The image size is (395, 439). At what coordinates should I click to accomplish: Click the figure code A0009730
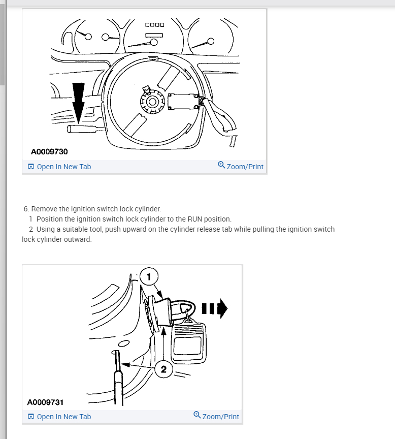click(x=50, y=151)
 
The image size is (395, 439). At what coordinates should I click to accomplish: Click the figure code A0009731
click(x=45, y=402)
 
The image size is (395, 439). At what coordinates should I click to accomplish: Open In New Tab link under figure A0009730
click(x=63, y=167)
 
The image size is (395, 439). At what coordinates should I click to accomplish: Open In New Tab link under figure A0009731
click(x=63, y=417)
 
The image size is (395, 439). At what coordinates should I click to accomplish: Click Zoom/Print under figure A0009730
click(x=245, y=167)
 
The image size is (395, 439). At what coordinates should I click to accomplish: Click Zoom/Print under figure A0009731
click(x=221, y=417)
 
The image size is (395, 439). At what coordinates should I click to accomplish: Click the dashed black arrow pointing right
click(x=215, y=307)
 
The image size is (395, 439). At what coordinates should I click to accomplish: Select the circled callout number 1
click(x=149, y=277)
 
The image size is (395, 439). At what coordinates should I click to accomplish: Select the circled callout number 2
click(x=163, y=369)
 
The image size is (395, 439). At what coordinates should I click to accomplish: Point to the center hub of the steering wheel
click(x=152, y=100)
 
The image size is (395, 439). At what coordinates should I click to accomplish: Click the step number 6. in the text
click(x=26, y=209)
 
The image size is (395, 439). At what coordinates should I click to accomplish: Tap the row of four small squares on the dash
click(x=154, y=24)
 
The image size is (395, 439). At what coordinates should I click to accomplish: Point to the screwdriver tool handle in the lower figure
click(x=118, y=386)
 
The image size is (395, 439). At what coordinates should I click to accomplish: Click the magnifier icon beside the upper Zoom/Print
click(x=221, y=165)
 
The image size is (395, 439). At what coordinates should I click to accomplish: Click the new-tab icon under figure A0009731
click(x=31, y=417)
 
